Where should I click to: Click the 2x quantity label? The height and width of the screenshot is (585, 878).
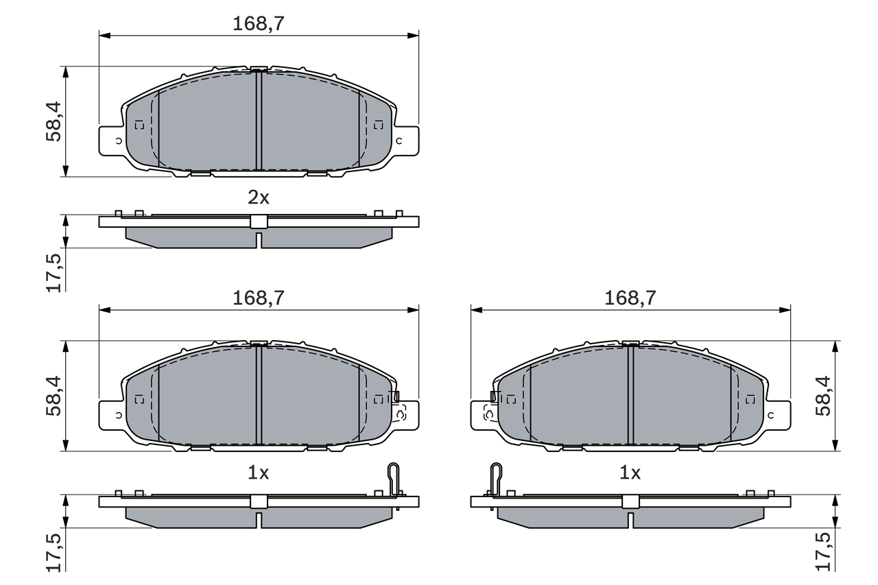coord(259,198)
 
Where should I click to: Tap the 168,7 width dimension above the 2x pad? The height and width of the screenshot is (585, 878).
coord(259,23)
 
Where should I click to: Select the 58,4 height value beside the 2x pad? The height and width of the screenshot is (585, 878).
coord(54,121)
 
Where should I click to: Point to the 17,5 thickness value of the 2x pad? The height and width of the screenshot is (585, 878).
coord(54,272)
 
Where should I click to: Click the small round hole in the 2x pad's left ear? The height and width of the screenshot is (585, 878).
coord(118,141)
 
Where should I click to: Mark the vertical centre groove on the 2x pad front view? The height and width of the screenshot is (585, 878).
coord(259,120)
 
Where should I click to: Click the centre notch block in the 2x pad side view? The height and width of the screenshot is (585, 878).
coord(259,222)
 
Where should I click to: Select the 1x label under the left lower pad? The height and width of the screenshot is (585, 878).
coord(259,473)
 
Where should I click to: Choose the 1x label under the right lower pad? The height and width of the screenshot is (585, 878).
coord(630,473)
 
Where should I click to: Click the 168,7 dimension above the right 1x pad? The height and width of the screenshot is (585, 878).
coord(630,298)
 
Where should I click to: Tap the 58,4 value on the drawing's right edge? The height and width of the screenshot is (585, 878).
coord(823,396)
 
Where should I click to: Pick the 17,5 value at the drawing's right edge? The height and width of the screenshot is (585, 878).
coord(823,551)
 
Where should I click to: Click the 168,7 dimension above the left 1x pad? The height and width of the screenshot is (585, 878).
coord(259,298)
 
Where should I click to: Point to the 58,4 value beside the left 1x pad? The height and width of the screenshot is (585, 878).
coord(54,396)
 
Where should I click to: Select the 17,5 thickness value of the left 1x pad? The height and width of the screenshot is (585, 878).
coord(54,551)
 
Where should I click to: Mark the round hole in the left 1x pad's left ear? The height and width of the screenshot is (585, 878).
coord(118,416)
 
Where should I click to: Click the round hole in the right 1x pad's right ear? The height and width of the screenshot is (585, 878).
coord(771,416)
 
